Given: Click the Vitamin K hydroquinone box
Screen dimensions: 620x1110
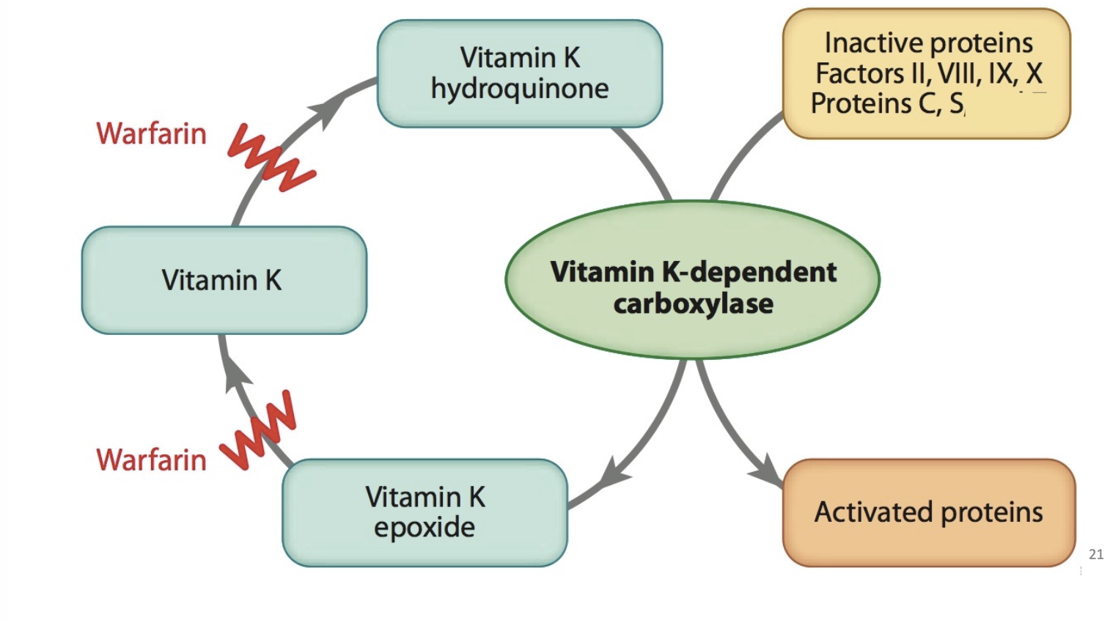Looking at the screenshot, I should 519,73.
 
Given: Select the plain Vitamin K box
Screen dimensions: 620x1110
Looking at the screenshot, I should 224,280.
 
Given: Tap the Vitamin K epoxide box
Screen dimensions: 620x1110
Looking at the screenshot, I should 424,512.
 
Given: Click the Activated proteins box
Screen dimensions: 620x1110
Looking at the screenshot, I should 928,512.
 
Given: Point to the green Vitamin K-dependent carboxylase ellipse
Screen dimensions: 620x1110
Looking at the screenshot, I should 692,280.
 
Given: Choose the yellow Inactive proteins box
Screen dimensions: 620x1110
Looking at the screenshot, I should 927,73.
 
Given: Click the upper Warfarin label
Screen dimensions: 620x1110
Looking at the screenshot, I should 151,134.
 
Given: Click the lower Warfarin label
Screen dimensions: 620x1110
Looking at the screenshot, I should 151,460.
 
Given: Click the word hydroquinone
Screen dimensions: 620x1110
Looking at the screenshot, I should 519,89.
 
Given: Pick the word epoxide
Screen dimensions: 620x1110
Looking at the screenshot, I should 424,527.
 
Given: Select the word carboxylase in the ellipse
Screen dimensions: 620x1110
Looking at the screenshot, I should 693,303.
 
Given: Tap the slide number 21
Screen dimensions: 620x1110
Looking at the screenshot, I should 1096,554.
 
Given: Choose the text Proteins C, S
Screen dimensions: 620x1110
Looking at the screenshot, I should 887,104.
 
